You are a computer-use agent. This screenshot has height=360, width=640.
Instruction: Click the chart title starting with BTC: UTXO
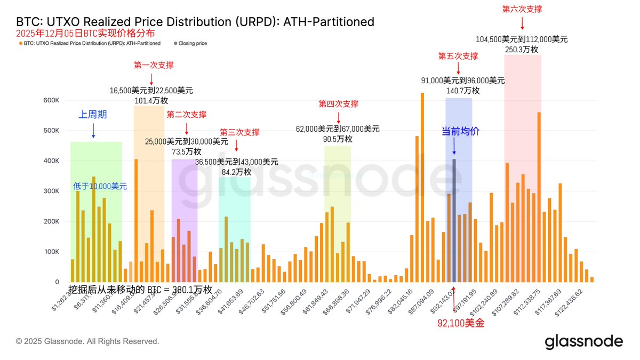pos(195,22)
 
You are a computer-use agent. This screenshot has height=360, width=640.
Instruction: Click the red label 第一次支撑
pos(153,65)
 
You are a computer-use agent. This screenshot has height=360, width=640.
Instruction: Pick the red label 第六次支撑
pos(522,9)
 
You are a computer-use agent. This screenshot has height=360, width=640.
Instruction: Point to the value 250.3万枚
pos(522,49)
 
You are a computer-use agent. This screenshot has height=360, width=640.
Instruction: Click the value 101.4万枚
pos(151,101)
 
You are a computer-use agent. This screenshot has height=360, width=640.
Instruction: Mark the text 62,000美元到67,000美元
pos(338,129)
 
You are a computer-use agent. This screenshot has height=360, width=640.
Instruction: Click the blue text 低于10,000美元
pos(100,186)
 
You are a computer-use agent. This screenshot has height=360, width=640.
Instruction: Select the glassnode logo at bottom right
pos(583,342)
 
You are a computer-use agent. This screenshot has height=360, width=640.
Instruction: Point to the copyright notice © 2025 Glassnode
pos(87,341)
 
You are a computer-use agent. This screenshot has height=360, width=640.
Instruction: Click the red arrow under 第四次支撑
pos(339,116)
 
